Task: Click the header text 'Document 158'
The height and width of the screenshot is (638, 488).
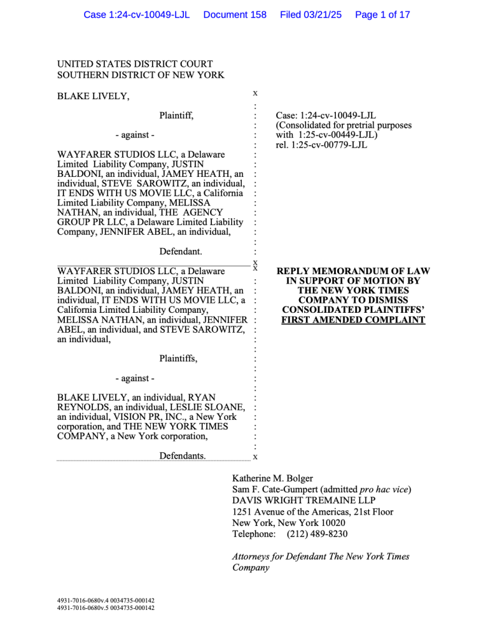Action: click(x=234, y=15)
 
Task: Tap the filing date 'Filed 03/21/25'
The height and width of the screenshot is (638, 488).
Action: click(x=310, y=15)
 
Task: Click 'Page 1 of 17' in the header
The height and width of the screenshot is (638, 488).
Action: click(x=382, y=15)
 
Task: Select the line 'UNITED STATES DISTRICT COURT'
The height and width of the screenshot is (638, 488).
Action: click(x=135, y=64)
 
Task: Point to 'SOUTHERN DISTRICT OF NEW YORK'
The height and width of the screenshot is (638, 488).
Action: click(x=141, y=75)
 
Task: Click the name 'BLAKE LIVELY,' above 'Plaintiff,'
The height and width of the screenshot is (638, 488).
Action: click(x=93, y=96)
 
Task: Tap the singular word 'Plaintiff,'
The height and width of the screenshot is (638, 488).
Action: click(x=176, y=115)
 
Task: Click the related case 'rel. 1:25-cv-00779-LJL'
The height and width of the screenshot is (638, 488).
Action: click(x=322, y=145)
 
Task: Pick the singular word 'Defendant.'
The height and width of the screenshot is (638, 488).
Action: click(x=180, y=252)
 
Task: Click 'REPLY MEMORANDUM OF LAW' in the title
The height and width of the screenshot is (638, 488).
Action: click(x=353, y=272)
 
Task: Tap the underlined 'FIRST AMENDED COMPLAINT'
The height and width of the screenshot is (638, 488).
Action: click(x=353, y=320)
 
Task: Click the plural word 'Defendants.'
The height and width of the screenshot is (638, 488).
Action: click(x=183, y=456)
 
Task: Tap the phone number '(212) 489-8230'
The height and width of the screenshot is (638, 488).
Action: click(x=317, y=534)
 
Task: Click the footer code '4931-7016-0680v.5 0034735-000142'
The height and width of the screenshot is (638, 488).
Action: click(x=106, y=608)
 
